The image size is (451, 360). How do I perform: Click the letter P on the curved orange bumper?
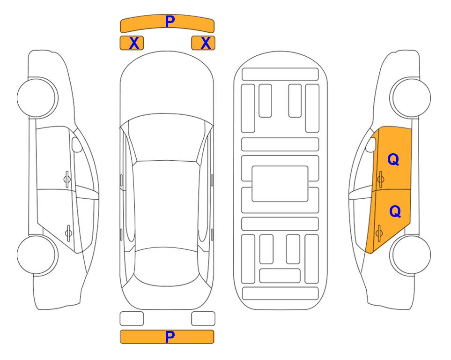[170, 22]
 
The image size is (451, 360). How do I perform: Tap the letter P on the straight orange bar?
[170, 337]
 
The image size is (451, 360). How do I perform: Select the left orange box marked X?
[132, 43]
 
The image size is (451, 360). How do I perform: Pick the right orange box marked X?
[203, 43]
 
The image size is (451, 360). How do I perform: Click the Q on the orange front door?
[393, 159]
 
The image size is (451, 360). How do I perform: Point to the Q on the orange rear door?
[395, 211]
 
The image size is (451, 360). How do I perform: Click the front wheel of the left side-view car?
[37, 98]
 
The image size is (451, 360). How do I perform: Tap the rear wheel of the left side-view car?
[37, 255]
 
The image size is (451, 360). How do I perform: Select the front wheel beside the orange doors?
[411, 98]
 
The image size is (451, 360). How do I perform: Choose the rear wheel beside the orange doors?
[411, 255]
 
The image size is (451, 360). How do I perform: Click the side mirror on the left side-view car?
[77, 144]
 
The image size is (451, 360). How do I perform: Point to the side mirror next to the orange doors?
[371, 144]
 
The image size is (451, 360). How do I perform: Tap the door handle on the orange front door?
[380, 179]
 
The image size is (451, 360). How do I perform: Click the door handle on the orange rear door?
[379, 232]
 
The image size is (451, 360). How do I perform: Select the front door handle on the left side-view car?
[67, 179]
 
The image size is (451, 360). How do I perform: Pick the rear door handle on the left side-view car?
[68, 232]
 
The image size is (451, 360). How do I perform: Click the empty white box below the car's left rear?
[132, 319]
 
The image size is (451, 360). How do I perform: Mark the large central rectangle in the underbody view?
[280, 184]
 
